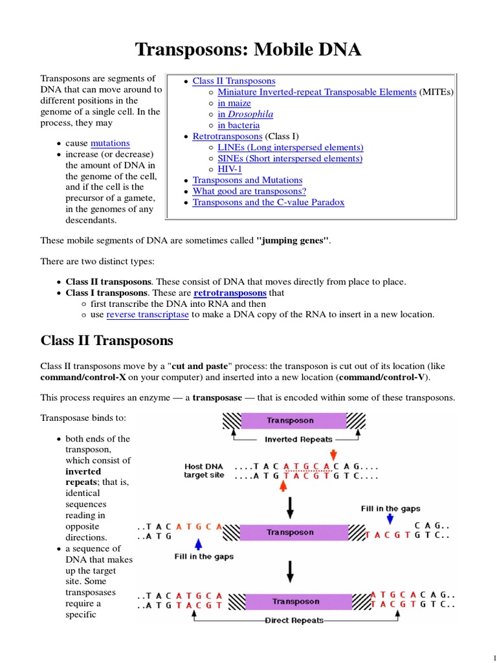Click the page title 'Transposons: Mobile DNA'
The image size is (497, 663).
click(x=248, y=49)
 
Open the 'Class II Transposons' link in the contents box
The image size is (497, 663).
click(x=234, y=81)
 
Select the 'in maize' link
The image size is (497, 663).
click(x=234, y=103)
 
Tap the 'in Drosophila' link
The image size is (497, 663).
click(x=245, y=114)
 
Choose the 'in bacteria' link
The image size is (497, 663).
click(x=239, y=125)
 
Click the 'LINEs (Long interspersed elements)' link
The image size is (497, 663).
click(x=291, y=148)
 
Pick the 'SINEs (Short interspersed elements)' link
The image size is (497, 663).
click(x=290, y=159)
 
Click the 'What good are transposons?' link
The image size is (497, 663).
click(x=249, y=191)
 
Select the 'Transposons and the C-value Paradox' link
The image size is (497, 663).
click(x=268, y=202)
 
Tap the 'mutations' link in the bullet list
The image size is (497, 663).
click(x=110, y=143)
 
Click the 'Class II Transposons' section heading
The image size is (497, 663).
click(x=107, y=340)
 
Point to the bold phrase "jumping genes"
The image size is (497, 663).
click(x=293, y=240)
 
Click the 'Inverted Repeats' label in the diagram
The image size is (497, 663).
click(x=298, y=439)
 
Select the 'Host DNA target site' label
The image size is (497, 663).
click(x=204, y=471)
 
